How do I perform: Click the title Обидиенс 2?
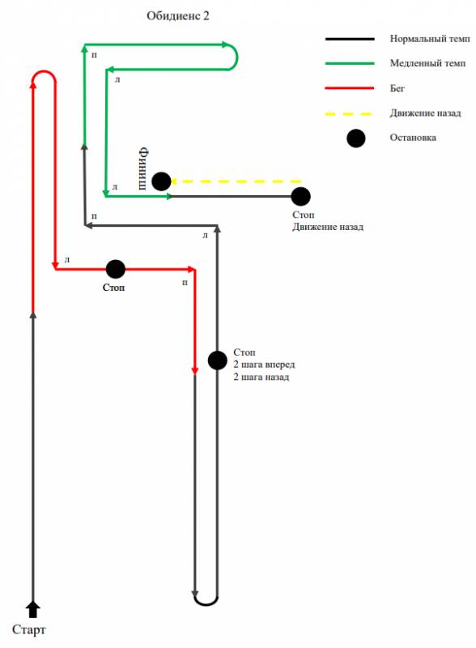pyautogui.click(x=178, y=16)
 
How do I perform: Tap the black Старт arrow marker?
pyautogui.click(x=33, y=610)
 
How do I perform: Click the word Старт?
pyautogui.click(x=28, y=630)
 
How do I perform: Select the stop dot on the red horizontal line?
pyautogui.click(x=115, y=269)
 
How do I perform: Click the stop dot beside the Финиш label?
pyautogui.click(x=161, y=181)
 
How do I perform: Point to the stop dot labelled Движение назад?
pyautogui.click(x=300, y=196)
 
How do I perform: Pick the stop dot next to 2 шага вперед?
pyautogui.click(x=217, y=360)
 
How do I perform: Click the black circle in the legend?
pyautogui.click(x=355, y=138)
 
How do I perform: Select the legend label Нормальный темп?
pyautogui.click(x=430, y=39)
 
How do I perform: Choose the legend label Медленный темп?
pyautogui.click(x=427, y=63)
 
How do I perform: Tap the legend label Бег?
pyautogui.click(x=397, y=88)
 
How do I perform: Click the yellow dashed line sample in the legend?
pyautogui.click(x=349, y=113)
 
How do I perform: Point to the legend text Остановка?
pyautogui.click(x=413, y=138)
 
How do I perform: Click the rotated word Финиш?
pyautogui.click(x=143, y=168)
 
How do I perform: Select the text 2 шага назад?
pyautogui.click(x=261, y=377)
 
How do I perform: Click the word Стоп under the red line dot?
pyautogui.click(x=113, y=288)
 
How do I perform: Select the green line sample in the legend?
pyautogui.click(x=350, y=64)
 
